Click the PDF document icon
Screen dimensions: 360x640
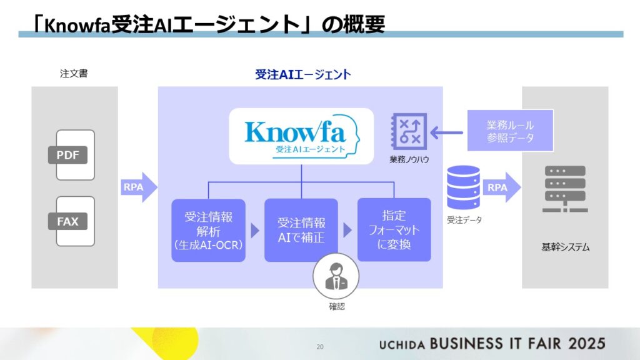point(75,154)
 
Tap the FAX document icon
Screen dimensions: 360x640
point(75,221)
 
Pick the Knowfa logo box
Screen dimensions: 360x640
point(301,136)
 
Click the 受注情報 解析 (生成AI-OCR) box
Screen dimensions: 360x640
point(208,230)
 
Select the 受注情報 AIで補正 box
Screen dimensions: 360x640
point(301,230)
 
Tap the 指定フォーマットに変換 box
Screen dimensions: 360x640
point(394,230)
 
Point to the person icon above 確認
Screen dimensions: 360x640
point(336,276)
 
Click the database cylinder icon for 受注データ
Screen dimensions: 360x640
point(463,187)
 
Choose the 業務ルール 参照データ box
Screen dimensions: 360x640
point(510,131)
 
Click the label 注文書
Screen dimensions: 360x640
point(74,74)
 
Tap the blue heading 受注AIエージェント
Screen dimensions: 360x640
point(302,75)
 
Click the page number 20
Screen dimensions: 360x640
point(321,346)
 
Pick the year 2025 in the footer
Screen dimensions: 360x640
point(586,343)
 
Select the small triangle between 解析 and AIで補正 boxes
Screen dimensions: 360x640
point(255,231)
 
